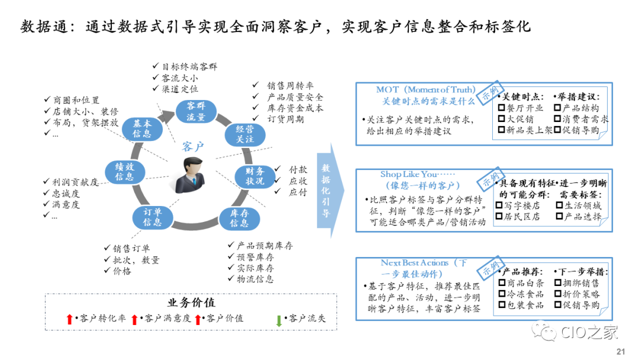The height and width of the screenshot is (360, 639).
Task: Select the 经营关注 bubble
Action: click(x=245, y=133)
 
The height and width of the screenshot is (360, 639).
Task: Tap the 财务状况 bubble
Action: click(x=255, y=176)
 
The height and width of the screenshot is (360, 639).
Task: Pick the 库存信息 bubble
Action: click(x=239, y=218)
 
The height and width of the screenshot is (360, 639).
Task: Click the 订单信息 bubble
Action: click(x=152, y=217)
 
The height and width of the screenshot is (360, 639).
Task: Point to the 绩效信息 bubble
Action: click(x=125, y=172)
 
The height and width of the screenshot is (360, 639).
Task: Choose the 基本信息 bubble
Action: click(x=142, y=129)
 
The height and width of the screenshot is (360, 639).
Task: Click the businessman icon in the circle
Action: click(x=193, y=175)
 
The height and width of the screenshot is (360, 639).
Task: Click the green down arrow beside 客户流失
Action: click(x=279, y=320)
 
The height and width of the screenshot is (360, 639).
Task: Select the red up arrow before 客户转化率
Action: click(x=70, y=320)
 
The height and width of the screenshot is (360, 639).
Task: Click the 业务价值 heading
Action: click(x=191, y=303)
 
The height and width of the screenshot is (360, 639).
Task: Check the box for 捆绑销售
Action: click(x=558, y=283)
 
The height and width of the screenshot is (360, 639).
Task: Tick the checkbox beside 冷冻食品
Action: click(x=502, y=294)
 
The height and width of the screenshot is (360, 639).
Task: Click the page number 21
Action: click(x=621, y=351)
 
